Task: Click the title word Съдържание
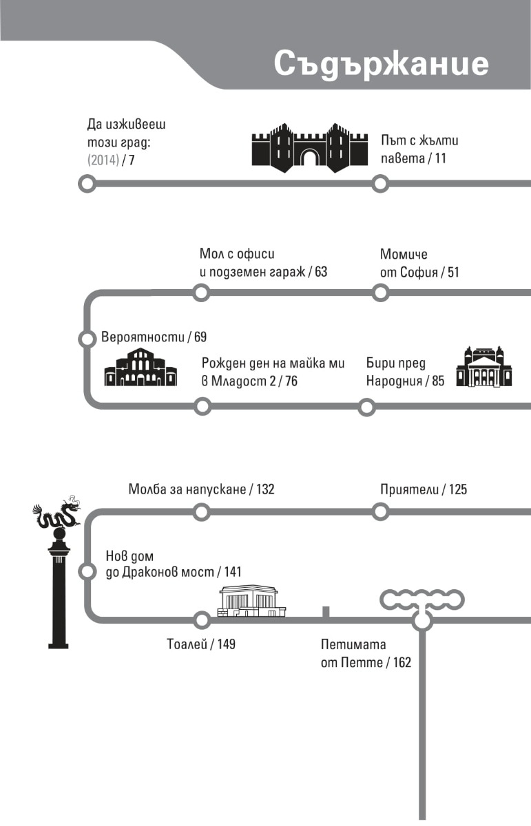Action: (x=381, y=64)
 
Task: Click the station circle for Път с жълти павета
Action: (x=379, y=184)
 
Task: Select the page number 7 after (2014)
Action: (x=132, y=160)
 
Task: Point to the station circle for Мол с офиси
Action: (x=201, y=293)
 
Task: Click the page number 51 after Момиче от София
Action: (x=452, y=272)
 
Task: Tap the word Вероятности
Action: (x=143, y=337)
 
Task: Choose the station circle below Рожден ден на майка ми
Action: (x=202, y=407)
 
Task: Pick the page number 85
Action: (x=438, y=381)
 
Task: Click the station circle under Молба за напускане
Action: (x=201, y=512)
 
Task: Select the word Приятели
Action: (x=409, y=489)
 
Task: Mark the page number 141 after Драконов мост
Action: (x=231, y=572)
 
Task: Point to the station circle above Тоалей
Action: (x=202, y=620)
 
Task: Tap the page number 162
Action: (x=400, y=663)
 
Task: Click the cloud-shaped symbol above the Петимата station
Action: (x=422, y=599)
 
